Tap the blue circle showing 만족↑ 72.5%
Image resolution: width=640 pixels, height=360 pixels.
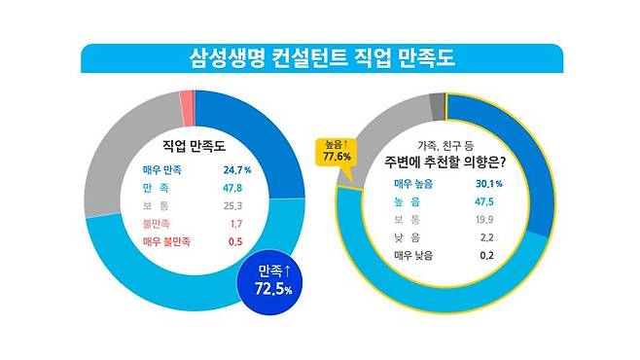click(267, 282)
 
